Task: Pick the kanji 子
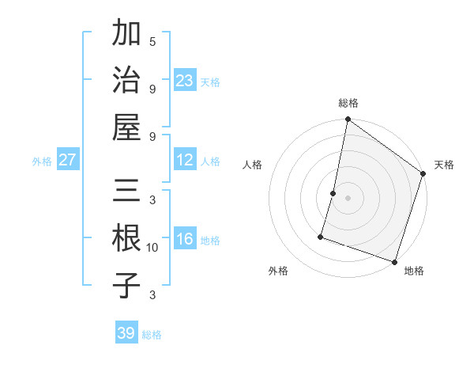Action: point(127,285)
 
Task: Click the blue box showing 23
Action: point(185,80)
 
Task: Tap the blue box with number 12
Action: point(185,160)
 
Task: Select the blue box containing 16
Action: point(185,239)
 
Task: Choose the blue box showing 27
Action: point(68,160)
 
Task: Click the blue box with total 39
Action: point(126,333)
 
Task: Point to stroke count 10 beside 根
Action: point(152,248)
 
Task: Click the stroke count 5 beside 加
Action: point(152,41)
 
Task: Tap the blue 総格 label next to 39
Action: point(152,335)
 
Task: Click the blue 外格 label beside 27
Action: point(42,161)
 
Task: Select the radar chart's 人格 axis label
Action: point(253,165)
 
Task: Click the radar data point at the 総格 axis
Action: point(348,120)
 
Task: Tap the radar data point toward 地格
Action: point(394,261)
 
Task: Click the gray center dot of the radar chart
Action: point(348,198)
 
